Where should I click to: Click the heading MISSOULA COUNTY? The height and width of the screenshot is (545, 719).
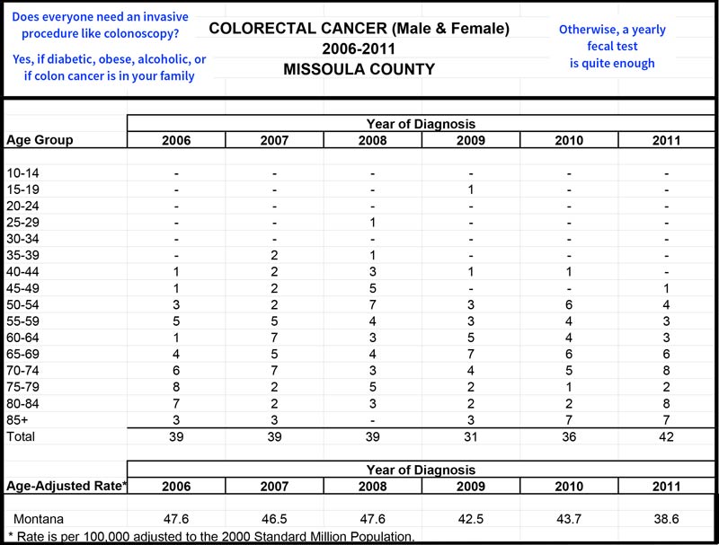click(359, 69)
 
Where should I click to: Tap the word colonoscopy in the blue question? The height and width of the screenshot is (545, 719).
click(143, 34)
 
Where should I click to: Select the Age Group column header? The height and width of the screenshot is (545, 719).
click(40, 140)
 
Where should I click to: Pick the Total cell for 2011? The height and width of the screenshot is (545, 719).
click(666, 436)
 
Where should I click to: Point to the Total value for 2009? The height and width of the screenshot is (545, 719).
click(471, 436)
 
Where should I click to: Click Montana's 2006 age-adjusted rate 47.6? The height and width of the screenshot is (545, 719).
click(176, 519)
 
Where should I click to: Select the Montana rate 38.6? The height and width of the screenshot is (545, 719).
click(666, 519)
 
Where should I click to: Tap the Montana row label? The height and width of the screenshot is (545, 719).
click(39, 519)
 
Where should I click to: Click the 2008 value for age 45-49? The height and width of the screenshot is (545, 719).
click(372, 288)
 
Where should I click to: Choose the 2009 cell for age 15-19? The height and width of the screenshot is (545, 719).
click(471, 189)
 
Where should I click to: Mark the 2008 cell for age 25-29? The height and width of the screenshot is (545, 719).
click(372, 223)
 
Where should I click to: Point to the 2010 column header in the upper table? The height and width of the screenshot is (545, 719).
click(569, 140)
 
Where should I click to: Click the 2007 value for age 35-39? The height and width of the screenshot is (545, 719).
click(274, 255)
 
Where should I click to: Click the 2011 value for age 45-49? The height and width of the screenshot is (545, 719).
click(666, 288)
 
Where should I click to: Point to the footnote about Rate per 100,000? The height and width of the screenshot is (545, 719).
click(211, 537)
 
